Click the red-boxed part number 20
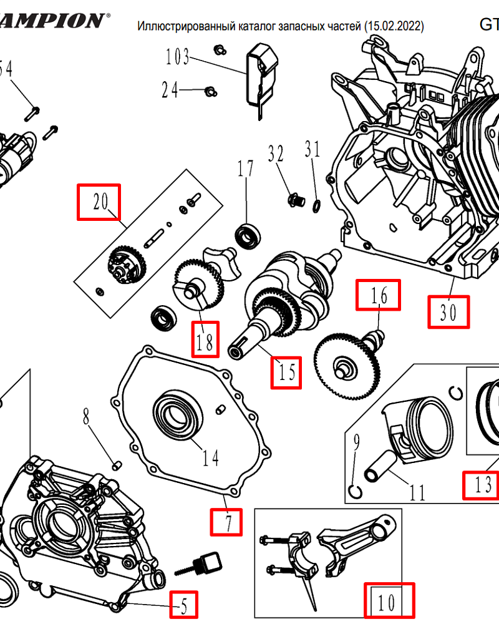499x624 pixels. coord(99,202)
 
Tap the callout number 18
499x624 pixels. coord(205,339)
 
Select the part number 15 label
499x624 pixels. coord(286,373)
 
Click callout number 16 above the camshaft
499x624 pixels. coord(378,295)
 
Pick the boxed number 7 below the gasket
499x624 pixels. coord(226,522)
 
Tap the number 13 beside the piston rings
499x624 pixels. coord(482,484)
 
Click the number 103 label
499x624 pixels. coord(177,58)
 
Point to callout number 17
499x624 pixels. coord(246,168)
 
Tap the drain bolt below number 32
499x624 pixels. coord(295,200)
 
